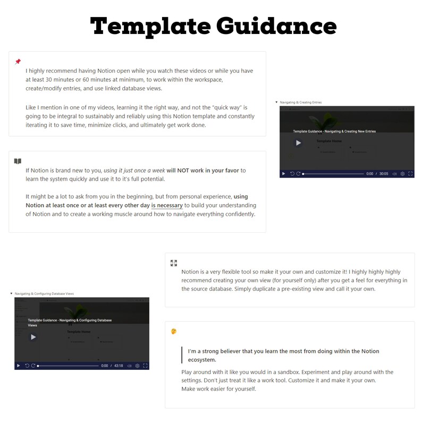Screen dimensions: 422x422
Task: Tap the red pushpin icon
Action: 18,62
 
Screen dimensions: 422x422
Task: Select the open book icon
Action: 18,161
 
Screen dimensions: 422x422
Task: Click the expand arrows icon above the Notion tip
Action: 174,263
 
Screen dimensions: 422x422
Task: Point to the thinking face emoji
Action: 174,331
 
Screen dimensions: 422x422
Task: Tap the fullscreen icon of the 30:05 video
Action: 410,174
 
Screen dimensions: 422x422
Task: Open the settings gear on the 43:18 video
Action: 137,366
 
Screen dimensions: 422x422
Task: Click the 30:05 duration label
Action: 384,174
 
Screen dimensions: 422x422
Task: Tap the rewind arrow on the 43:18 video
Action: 27,366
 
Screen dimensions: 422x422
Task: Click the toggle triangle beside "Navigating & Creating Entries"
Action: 276,102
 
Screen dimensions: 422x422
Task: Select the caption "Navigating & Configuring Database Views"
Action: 44,293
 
